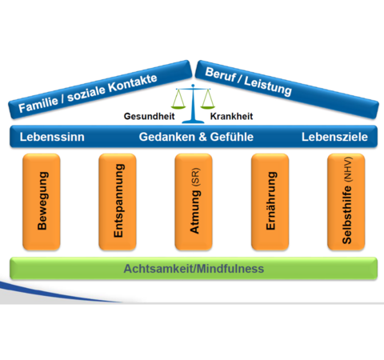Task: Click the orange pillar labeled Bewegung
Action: coord(42,202)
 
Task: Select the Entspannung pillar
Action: coord(118,202)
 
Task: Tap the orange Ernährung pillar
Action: coord(270,202)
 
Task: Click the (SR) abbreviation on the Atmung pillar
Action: coord(195,177)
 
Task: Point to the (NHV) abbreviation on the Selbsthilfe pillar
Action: coord(348,170)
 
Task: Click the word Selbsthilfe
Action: coord(347,214)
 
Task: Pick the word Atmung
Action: coord(194,212)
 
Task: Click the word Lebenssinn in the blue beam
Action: coord(52,137)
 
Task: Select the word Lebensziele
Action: coord(334,137)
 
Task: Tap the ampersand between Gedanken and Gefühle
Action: coord(202,137)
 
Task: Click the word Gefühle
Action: coord(232,137)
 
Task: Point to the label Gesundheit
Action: coord(149,116)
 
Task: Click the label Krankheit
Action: coord(231,116)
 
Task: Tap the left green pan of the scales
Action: coord(178,107)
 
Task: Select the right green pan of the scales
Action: coord(208,107)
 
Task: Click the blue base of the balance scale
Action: coord(193,122)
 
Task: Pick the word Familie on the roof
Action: coord(38,104)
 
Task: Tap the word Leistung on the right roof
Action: coord(268,85)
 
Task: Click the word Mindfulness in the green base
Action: coord(230,269)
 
